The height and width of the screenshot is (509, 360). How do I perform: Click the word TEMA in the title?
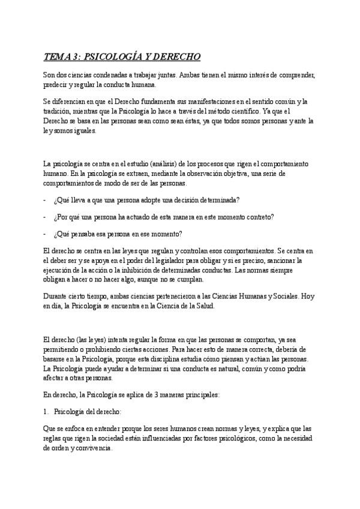(x=57, y=56)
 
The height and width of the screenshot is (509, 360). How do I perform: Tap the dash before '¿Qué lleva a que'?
(x=45, y=200)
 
